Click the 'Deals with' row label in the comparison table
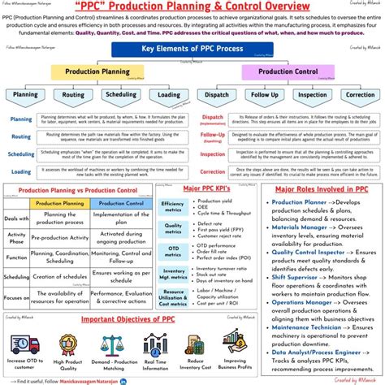pos(16,218)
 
